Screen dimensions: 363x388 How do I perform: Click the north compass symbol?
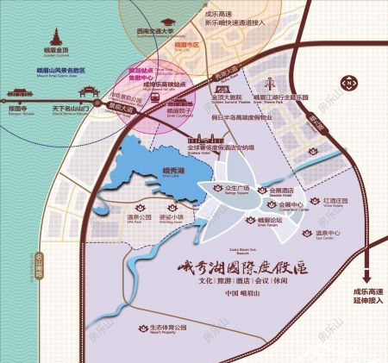(x=350, y=83)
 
